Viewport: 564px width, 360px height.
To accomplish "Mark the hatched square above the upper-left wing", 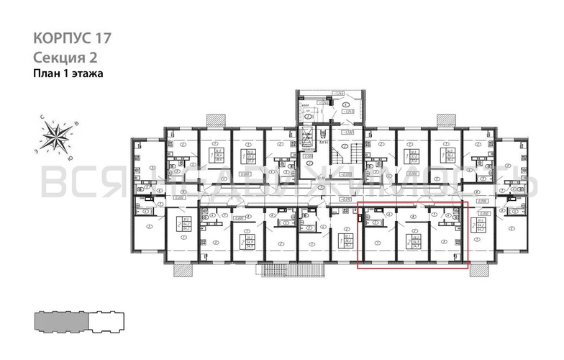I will click(214, 120).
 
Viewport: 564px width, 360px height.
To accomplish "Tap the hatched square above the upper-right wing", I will click(445, 120).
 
